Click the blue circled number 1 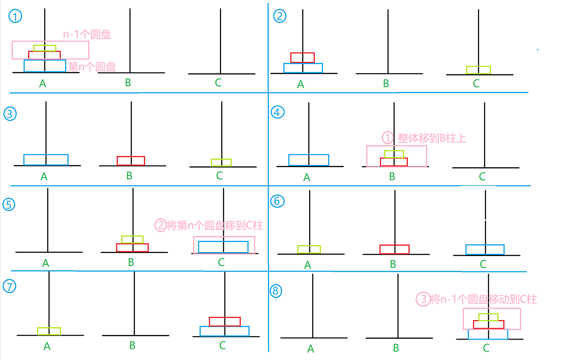pos(16,17)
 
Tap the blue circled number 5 pos(9,204)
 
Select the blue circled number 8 pos(276,291)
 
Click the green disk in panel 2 pos(478,70)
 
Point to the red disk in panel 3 pos(131,161)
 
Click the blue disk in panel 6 pos(485,250)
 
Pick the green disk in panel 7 pos(49,331)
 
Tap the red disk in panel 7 pos(225,321)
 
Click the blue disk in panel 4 pos(309,160)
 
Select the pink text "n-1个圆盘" pos(87,35)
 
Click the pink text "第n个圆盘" pos(92,67)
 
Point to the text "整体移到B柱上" pos(432,138)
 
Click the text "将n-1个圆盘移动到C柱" pos(484,299)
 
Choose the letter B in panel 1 pos(128,82)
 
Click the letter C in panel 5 pos(221,262)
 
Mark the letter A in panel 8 pos(310,349)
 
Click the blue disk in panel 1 pos(45,66)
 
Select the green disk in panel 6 pos(309,249)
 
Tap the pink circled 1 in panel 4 pos(387,138)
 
